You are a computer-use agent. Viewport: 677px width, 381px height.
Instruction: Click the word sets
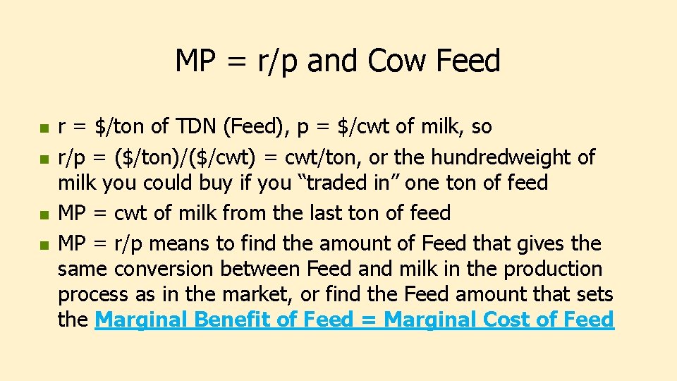[594, 294]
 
